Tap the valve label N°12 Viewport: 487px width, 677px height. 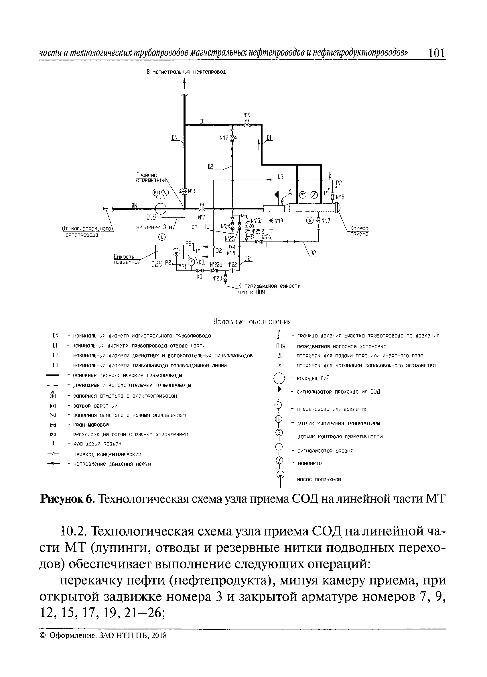click(x=224, y=138)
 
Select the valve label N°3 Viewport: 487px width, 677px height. click(x=191, y=191)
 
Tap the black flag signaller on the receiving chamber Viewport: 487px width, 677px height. click(x=277, y=195)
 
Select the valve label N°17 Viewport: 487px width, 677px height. click(x=326, y=221)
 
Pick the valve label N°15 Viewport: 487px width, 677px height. click(x=340, y=197)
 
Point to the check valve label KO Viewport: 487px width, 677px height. click(x=200, y=277)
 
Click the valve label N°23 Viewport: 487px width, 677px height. click(x=217, y=278)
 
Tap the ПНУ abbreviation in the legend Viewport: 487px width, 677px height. click(x=280, y=346)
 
